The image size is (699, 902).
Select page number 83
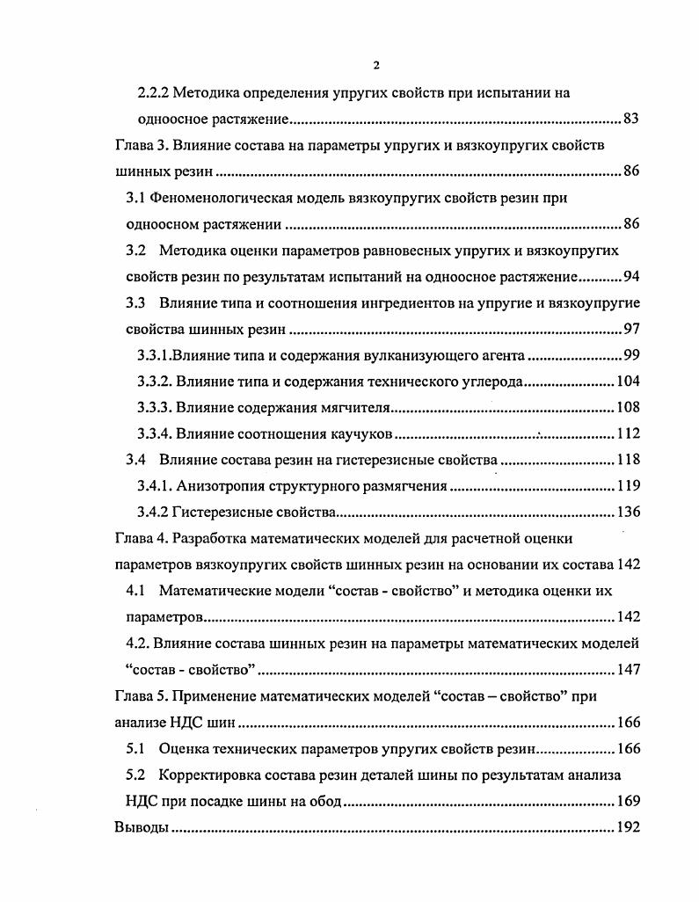pyautogui.click(x=631, y=119)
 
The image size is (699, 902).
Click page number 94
pyautogui.click(x=631, y=278)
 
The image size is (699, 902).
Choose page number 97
pyautogui.click(x=631, y=331)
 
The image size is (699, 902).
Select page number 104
pyautogui.click(x=628, y=382)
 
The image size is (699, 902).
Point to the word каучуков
pyautogui.click(x=360, y=434)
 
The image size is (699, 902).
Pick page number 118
pyautogui.click(x=628, y=459)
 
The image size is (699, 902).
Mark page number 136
pyautogui.click(x=628, y=512)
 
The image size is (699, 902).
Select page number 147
pyautogui.click(x=628, y=671)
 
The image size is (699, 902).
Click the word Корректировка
pyautogui.click(x=210, y=776)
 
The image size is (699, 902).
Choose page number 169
pyautogui.click(x=628, y=802)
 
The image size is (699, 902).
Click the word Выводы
pyautogui.click(x=141, y=828)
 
